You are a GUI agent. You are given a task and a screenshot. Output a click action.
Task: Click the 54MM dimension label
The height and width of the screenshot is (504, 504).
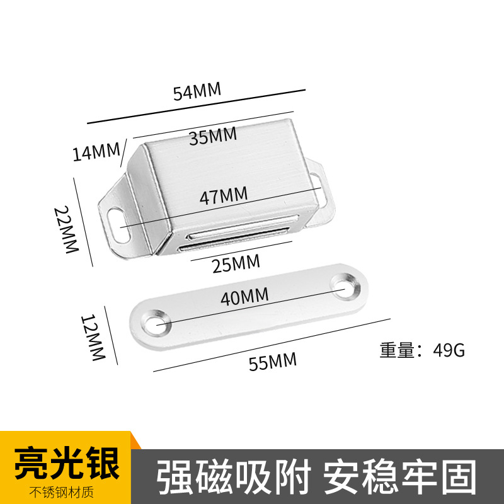(197, 91)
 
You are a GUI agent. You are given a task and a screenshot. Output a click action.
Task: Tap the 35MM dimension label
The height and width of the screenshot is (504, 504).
(213, 135)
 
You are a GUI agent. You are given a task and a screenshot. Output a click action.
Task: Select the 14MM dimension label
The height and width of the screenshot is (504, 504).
(96, 152)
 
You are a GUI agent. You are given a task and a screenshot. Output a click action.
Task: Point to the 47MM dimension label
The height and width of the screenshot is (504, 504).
(223, 195)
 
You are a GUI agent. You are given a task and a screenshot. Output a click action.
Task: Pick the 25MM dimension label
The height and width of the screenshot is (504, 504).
(236, 264)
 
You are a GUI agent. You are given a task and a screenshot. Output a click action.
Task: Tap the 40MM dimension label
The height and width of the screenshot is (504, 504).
(244, 295)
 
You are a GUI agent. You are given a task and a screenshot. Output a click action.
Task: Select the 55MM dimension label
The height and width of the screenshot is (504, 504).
(273, 362)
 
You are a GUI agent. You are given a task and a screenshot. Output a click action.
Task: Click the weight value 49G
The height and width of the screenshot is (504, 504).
(449, 350)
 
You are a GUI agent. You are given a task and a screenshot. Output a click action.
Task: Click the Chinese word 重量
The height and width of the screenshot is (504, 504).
(396, 350)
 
